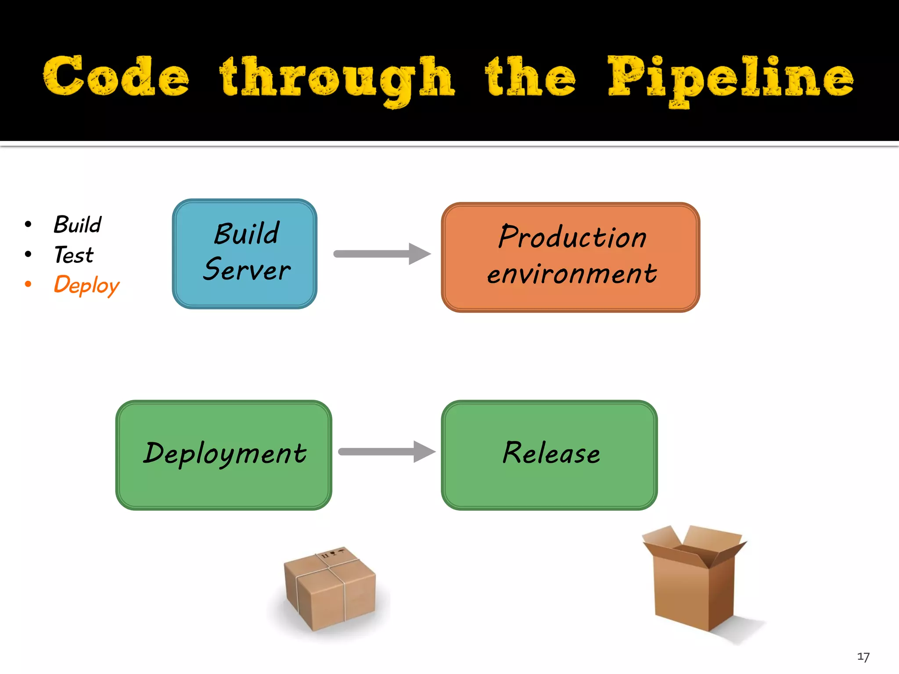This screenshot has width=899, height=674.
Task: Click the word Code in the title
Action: click(116, 77)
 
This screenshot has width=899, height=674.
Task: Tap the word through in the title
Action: click(337, 79)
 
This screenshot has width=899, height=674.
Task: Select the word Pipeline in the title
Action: click(730, 79)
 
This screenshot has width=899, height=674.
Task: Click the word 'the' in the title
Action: click(530, 77)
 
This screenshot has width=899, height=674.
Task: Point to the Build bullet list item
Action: click(77, 225)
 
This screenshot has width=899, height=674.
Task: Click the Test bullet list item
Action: click(74, 255)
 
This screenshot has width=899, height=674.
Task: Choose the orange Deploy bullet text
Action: click(86, 285)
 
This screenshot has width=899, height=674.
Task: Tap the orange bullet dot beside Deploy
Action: click(28, 284)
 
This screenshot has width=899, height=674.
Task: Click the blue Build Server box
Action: click(245, 254)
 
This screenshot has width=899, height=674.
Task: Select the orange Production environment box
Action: click(570, 257)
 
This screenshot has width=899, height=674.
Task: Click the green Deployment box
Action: click(223, 455)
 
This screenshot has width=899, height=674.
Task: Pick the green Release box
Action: click(549, 455)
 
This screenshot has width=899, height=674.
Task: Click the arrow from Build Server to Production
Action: click(382, 254)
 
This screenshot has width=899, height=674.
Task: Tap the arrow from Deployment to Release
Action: click(386, 452)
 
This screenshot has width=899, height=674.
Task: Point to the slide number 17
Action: click(863, 657)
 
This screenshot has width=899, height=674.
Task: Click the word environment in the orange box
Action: click(572, 274)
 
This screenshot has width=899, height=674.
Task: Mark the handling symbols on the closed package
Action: click(334, 554)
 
